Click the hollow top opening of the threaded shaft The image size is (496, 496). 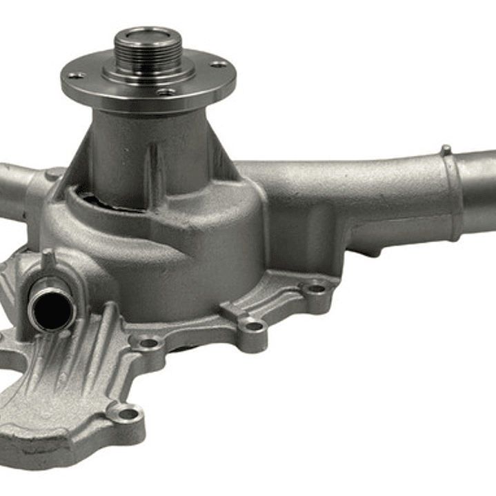point(148,34)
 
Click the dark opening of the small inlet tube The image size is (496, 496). point(50,310)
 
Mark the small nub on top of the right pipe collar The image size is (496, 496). point(446,149)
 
